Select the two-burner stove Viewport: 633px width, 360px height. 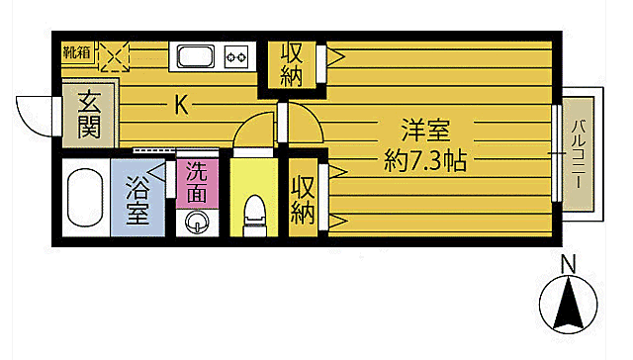click(237, 56)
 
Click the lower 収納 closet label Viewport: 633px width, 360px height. click(303, 198)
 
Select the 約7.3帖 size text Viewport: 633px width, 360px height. click(425, 159)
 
